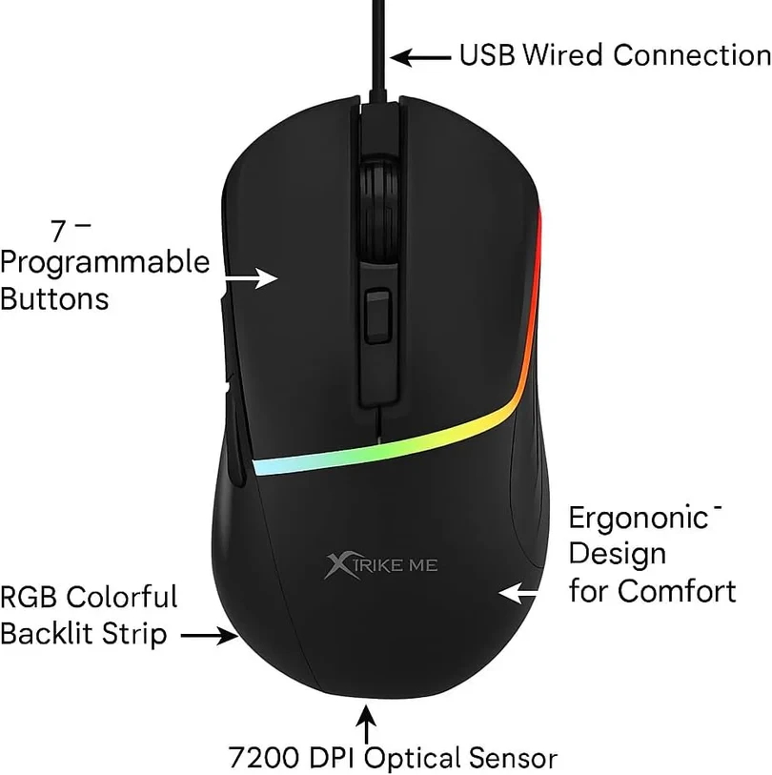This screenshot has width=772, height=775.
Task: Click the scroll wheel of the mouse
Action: pyautogui.click(x=379, y=208)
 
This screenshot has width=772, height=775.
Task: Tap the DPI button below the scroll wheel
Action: pyautogui.click(x=377, y=316)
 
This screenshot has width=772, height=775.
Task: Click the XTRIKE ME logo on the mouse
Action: pyautogui.click(x=380, y=565)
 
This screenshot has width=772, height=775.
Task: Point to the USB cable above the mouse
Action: pyautogui.click(x=378, y=50)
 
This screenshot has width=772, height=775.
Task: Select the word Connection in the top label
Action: pyautogui.click(x=692, y=55)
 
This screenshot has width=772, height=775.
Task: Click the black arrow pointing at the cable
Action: pyautogui.click(x=420, y=57)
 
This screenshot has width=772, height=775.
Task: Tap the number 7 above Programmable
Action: pyautogui.click(x=58, y=231)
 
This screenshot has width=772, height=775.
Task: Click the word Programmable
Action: pyautogui.click(x=105, y=263)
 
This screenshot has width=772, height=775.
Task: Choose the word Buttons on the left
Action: pyautogui.click(x=54, y=299)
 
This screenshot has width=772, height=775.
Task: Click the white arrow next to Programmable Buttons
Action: pyautogui.click(x=252, y=277)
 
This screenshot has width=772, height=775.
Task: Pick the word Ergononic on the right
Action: pyautogui.click(x=639, y=519)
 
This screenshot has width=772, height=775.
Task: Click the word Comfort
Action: pyautogui.click(x=677, y=591)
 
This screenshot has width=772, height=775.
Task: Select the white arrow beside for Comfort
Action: pyautogui.click(x=518, y=592)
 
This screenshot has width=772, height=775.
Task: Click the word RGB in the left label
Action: pyautogui.click(x=30, y=597)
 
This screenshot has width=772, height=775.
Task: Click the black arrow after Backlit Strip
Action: pyautogui.click(x=210, y=636)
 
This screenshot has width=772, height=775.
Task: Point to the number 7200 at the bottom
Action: pyautogui.click(x=263, y=757)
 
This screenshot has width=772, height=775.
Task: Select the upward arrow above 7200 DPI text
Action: pyautogui.click(x=366, y=724)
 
